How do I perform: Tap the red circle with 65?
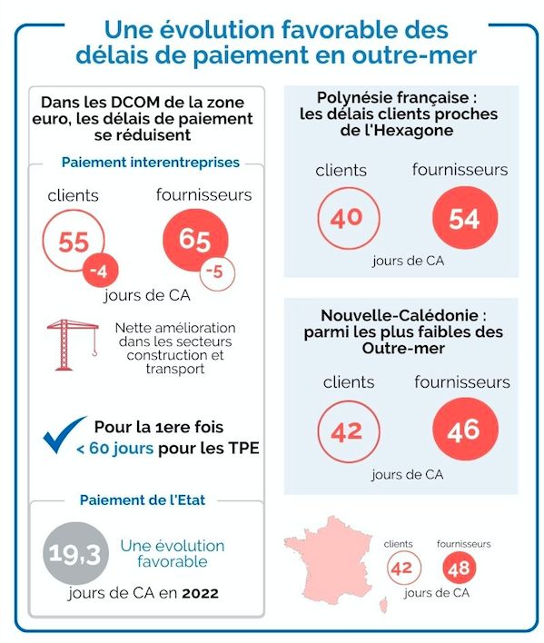(x=195, y=240)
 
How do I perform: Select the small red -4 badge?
(x=101, y=271)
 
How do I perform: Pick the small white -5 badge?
(x=217, y=273)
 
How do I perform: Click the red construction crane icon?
(x=73, y=345)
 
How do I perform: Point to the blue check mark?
(x=64, y=435)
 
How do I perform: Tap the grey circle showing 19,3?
(x=76, y=553)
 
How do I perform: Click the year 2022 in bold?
(x=200, y=593)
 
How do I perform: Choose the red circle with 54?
(x=465, y=218)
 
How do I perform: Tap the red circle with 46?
(x=465, y=430)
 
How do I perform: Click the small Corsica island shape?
(x=384, y=605)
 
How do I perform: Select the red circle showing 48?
(x=460, y=568)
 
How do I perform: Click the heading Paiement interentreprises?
(x=151, y=163)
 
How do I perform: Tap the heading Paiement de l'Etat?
(x=143, y=500)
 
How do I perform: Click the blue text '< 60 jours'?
(x=114, y=449)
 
